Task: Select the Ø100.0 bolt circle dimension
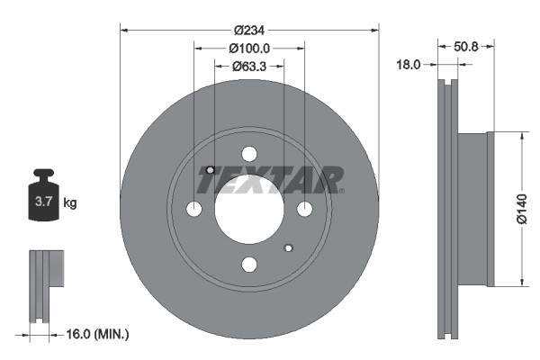[x=249, y=47]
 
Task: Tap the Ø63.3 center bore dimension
[x=249, y=65]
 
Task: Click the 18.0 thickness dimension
[x=411, y=64]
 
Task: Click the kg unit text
[x=70, y=203]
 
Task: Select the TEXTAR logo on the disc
[x=270, y=180]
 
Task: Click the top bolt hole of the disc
[x=249, y=154]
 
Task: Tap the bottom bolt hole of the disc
[x=249, y=264]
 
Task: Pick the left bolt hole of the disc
[x=194, y=209]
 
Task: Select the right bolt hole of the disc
[x=304, y=209]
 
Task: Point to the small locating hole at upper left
[x=210, y=170]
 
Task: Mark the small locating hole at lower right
[x=288, y=247]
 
